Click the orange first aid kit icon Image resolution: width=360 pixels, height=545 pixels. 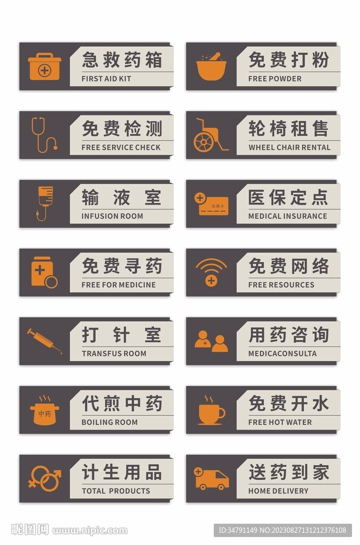pyautogui.click(x=45, y=67)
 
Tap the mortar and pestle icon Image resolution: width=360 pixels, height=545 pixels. pyautogui.click(x=211, y=67)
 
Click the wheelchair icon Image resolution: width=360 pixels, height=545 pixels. pyautogui.click(x=209, y=136)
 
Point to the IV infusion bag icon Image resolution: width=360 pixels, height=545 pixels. pyautogui.click(x=45, y=203)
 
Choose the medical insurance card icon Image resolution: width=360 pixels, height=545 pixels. pyautogui.click(x=211, y=204)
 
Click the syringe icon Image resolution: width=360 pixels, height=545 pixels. pyautogui.click(x=45, y=341)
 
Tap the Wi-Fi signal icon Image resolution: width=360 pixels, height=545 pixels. pyautogui.click(x=211, y=272)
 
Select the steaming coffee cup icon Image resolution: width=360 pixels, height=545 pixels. pyautogui.click(x=211, y=410)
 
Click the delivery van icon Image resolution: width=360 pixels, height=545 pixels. pyautogui.click(x=211, y=478)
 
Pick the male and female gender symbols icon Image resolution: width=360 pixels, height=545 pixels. pyautogui.click(x=45, y=478)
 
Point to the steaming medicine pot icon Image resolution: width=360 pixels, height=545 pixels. pyautogui.click(x=45, y=410)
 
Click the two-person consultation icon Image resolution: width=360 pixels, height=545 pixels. pyautogui.click(x=211, y=341)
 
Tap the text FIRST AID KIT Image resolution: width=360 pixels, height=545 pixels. pyautogui.click(x=106, y=79)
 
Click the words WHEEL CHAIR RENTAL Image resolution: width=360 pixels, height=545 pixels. pyautogui.click(x=289, y=147)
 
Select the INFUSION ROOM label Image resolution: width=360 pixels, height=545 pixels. pyautogui.click(x=112, y=216)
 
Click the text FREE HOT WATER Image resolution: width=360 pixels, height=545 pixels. pyautogui.click(x=280, y=423)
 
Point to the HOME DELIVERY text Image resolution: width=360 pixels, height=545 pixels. pyautogui.click(x=278, y=491)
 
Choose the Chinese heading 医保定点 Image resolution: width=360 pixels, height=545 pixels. pyautogui.click(x=288, y=197)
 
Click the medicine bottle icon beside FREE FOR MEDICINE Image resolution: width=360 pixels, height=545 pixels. pyautogui.click(x=44, y=272)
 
